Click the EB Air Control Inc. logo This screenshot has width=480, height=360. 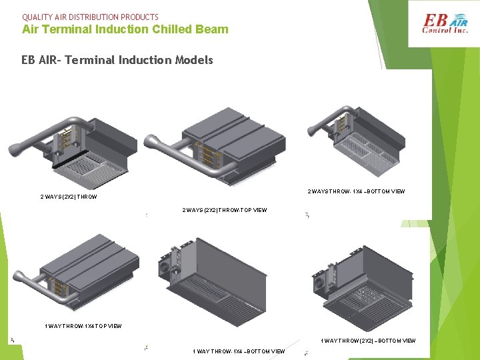click(445, 24)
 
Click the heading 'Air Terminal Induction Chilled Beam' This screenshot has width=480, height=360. click(125, 29)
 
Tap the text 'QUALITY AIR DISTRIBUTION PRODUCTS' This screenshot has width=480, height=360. click(90, 17)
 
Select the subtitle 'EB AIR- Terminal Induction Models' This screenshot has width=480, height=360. click(117, 60)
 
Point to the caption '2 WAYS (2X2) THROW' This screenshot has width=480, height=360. click(69, 197)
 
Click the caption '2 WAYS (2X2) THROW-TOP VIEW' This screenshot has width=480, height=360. click(225, 210)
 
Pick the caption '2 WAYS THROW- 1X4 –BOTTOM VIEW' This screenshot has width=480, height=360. click(356, 191)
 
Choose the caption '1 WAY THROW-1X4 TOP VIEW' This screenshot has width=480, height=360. click(83, 326)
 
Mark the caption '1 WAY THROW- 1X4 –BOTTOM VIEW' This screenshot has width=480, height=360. click(239, 351)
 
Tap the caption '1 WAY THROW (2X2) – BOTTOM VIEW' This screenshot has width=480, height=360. click(368, 341)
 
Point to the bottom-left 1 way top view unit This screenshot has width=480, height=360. click(80, 273)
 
